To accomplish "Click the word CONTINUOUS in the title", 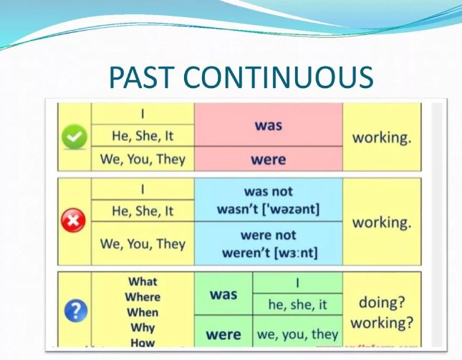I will pyautogui.click(x=287, y=77).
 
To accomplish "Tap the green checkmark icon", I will pyautogui.click(x=75, y=136).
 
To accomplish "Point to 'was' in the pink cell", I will pyautogui.click(x=268, y=125).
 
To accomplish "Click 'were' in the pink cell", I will pyautogui.click(x=268, y=160).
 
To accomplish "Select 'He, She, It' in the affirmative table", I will pyautogui.click(x=143, y=135).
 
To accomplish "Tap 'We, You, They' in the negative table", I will pyautogui.click(x=143, y=243).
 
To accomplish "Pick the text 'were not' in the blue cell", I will pyautogui.click(x=268, y=235).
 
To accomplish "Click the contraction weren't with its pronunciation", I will pyautogui.click(x=268, y=252).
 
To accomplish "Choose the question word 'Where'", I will pyautogui.click(x=143, y=297).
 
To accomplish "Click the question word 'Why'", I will pyautogui.click(x=143, y=328).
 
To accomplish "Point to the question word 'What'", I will pyautogui.click(x=143, y=282).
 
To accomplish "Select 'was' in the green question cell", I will pyautogui.click(x=223, y=294).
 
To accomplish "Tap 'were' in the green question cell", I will pyautogui.click(x=223, y=334).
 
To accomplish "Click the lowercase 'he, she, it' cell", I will pyautogui.click(x=297, y=305).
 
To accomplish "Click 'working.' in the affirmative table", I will pyautogui.click(x=382, y=137).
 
